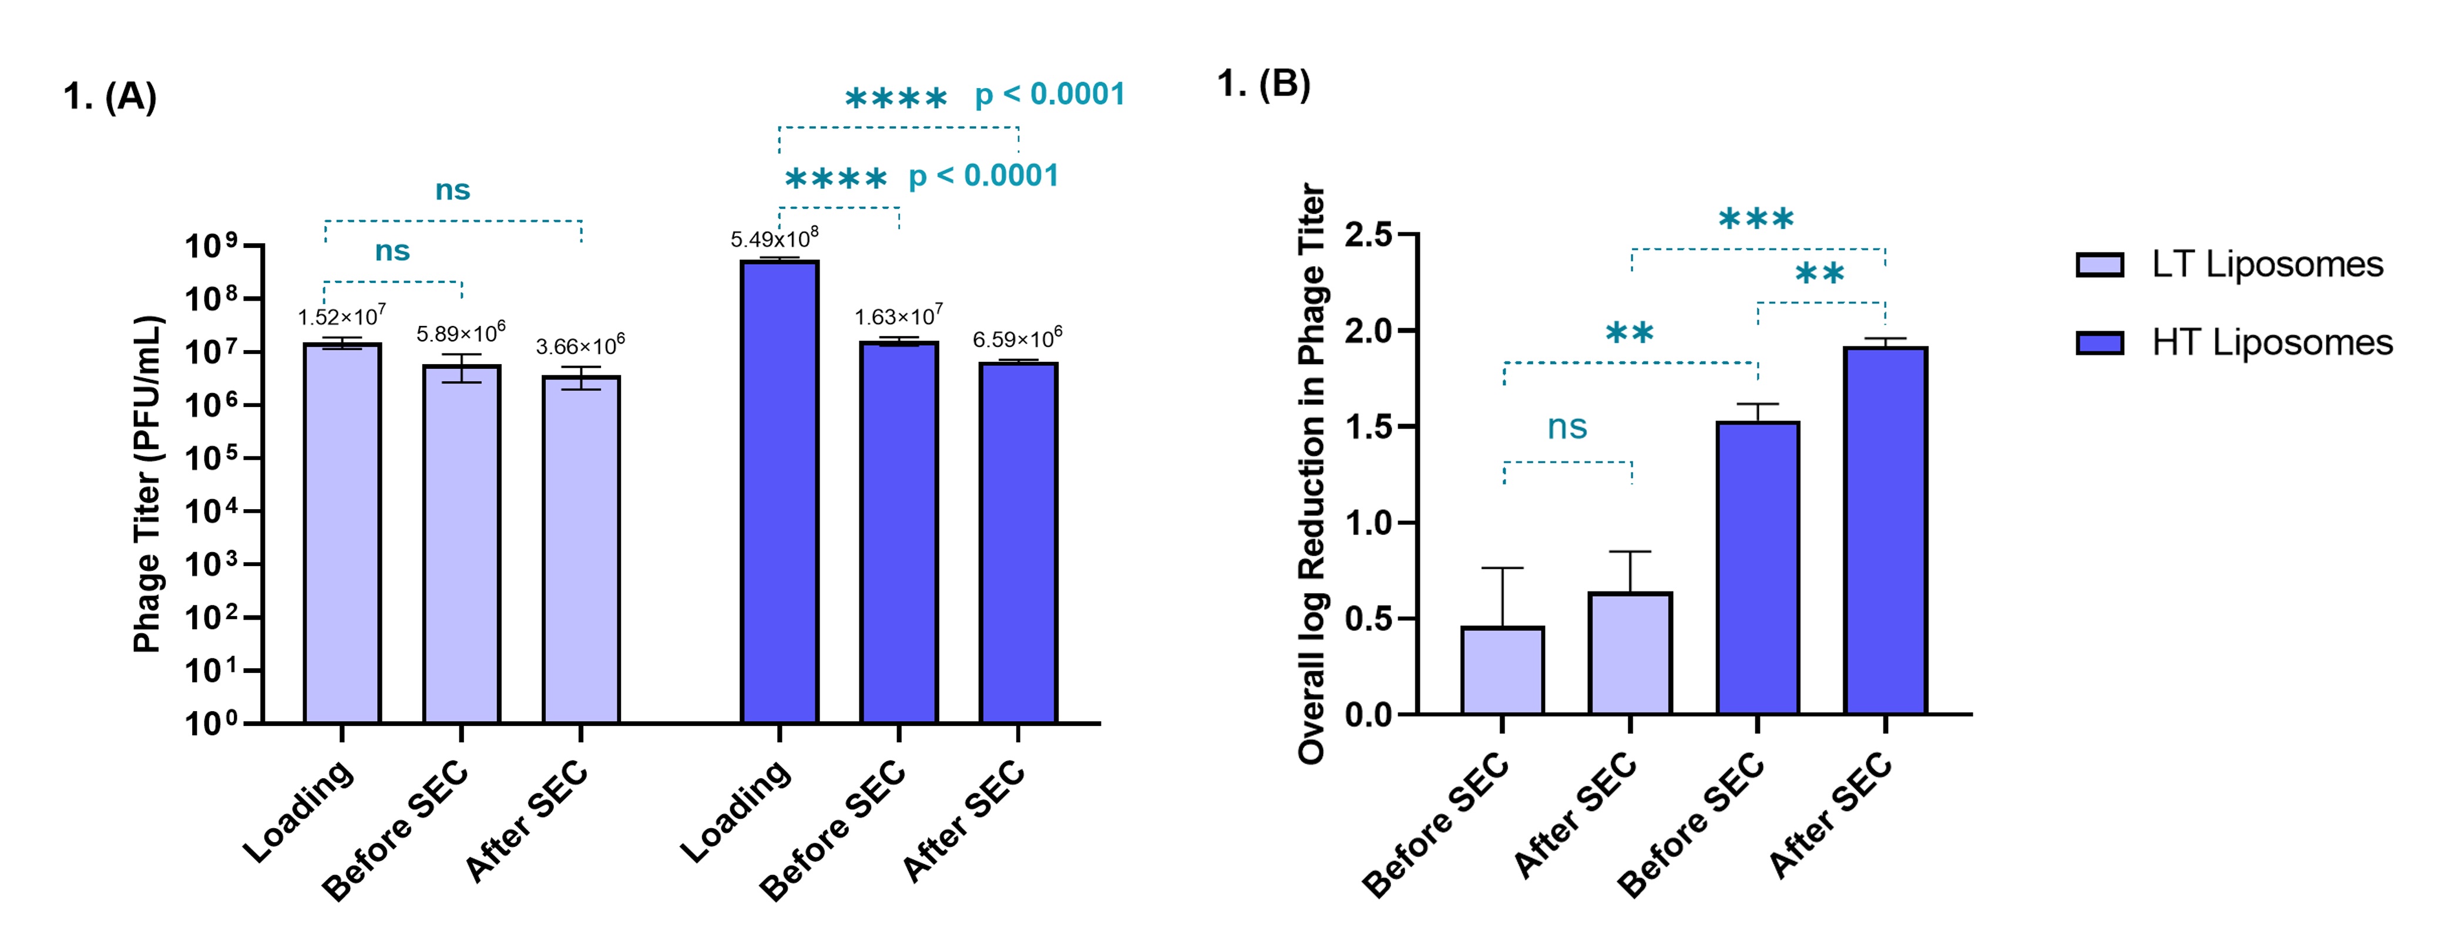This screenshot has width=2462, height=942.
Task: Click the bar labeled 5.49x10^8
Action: [x=779, y=492]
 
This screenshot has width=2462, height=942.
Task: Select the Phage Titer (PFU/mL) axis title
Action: [x=147, y=483]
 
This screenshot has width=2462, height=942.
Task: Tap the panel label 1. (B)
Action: [x=1264, y=84]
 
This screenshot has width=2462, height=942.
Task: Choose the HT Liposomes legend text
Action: [x=2272, y=342]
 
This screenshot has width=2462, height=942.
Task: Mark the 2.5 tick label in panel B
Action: [x=1369, y=234]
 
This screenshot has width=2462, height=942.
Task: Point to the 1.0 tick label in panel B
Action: [x=1369, y=523]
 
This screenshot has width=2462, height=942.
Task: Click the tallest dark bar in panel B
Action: [x=1885, y=530]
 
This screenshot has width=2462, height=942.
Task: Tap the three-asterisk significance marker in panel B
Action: [x=1756, y=220]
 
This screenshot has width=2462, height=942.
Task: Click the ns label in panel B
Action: [x=1567, y=427]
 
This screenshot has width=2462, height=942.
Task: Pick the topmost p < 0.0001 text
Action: [x=1049, y=95]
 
